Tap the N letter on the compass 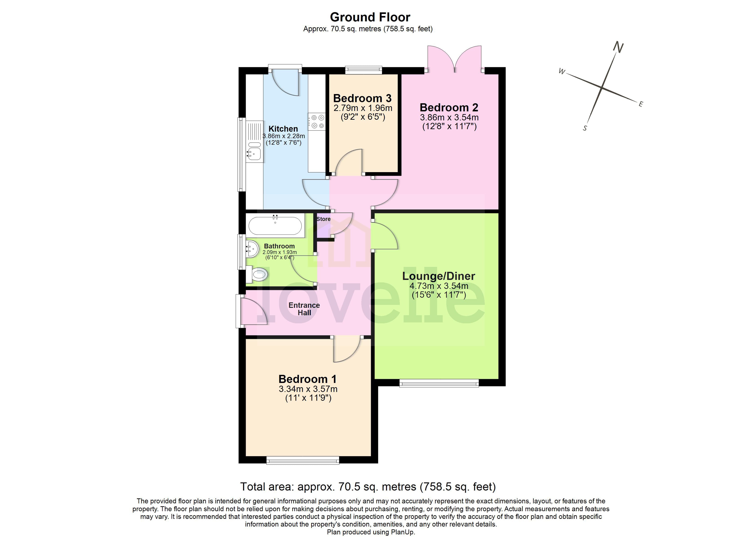(618, 47)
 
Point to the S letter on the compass (585, 128)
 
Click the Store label (323, 219)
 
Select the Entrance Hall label (304, 309)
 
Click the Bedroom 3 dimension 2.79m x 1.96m (362, 108)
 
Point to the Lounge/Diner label (438, 276)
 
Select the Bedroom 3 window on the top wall (364, 70)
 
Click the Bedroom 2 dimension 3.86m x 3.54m (449, 117)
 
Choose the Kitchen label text (283, 129)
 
